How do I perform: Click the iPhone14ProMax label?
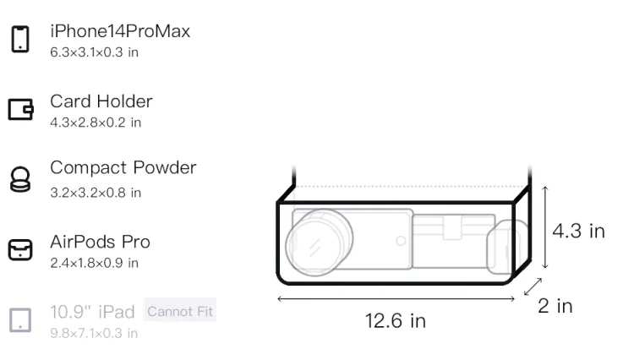pos(120,31)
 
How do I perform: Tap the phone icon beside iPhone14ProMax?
pos(20,39)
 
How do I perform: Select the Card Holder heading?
pos(101,101)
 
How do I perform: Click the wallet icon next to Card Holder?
pos(20,109)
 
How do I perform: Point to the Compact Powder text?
pos(123,167)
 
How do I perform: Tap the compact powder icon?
pos(20,179)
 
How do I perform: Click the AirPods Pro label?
pos(101,242)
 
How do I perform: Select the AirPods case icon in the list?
pos(20,249)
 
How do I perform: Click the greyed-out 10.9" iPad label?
pos(92,312)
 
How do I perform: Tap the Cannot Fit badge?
pos(180,311)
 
